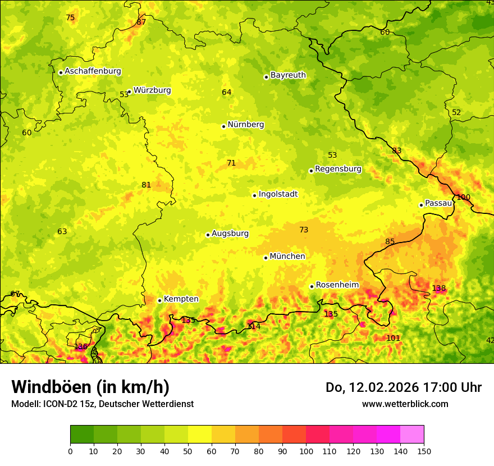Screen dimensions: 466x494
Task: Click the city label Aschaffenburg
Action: pyautogui.click(x=93, y=71)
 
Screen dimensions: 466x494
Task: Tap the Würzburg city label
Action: pyautogui.click(x=152, y=90)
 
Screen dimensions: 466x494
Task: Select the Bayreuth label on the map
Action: pyautogui.click(x=288, y=75)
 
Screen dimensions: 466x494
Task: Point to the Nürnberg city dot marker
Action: pyautogui.click(x=223, y=126)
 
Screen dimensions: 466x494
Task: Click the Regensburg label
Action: pyautogui.click(x=338, y=169)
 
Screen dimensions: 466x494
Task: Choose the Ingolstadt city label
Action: pyautogui.click(x=278, y=194)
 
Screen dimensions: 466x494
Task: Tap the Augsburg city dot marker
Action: pyautogui.click(x=208, y=235)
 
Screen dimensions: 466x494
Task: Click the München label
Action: pyautogui.click(x=287, y=257)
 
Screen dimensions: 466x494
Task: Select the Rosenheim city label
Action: pyautogui.click(x=337, y=285)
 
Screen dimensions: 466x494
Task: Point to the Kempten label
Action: pyautogui.click(x=181, y=299)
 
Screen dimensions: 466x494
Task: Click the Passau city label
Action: pyautogui.click(x=438, y=203)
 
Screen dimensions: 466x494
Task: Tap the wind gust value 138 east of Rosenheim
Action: pyautogui.click(x=439, y=289)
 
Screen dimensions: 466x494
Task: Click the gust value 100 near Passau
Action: pyautogui.click(x=463, y=197)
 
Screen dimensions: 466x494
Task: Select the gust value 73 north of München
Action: pyautogui.click(x=304, y=230)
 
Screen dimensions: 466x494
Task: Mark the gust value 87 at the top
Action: pyautogui.click(x=141, y=22)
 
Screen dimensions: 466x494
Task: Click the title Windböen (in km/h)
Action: pyautogui.click(x=90, y=387)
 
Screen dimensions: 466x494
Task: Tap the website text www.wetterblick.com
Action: pyautogui.click(x=405, y=404)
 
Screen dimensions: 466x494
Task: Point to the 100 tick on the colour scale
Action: pyautogui.click(x=306, y=451)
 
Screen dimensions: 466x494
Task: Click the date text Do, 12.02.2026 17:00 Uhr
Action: pyautogui.click(x=404, y=387)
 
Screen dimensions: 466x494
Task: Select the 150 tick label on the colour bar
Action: pyautogui.click(x=424, y=451)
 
